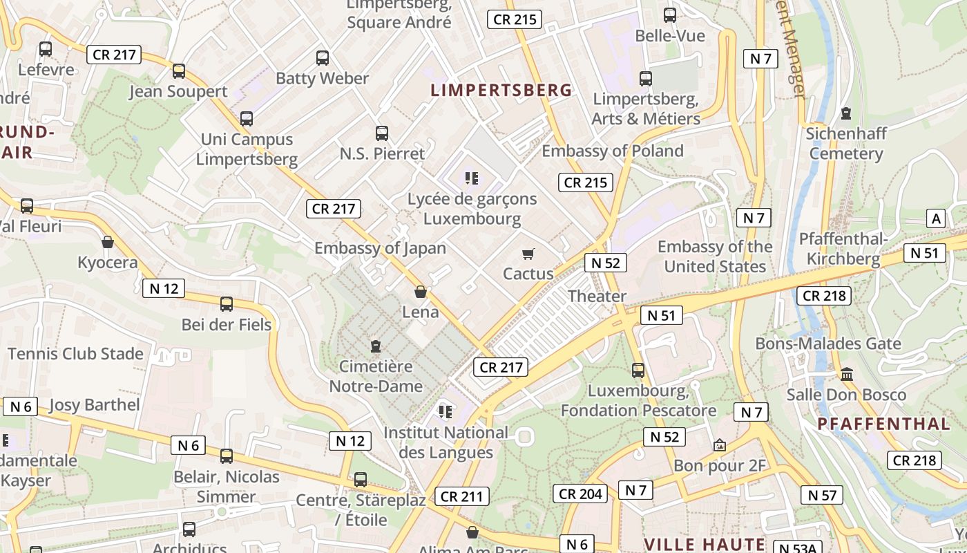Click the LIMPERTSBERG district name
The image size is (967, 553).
(501, 90)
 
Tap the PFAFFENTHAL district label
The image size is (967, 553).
(883, 424)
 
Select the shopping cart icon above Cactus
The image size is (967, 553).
(528, 254)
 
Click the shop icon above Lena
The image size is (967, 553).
(420, 292)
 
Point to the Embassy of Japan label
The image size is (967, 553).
(380, 248)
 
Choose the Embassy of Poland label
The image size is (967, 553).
(612, 151)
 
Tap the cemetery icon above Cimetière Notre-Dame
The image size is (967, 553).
(376, 346)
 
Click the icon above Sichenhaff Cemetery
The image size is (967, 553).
(846, 113)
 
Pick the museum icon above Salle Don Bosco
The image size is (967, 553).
(847, 375)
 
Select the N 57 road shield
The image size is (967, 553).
(822, 495)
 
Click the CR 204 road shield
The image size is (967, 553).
(581, 494)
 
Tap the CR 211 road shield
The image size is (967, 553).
(462, 496)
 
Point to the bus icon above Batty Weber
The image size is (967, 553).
(323, 58)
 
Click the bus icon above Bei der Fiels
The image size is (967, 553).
(227, 304)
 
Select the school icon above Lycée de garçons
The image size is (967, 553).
(472, 179)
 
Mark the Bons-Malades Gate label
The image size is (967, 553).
(828, 344)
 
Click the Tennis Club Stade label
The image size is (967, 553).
(76, 354)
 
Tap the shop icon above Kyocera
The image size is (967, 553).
(108, 243)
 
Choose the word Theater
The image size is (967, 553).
(597, 297)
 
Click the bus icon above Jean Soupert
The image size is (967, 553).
(179, 71)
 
